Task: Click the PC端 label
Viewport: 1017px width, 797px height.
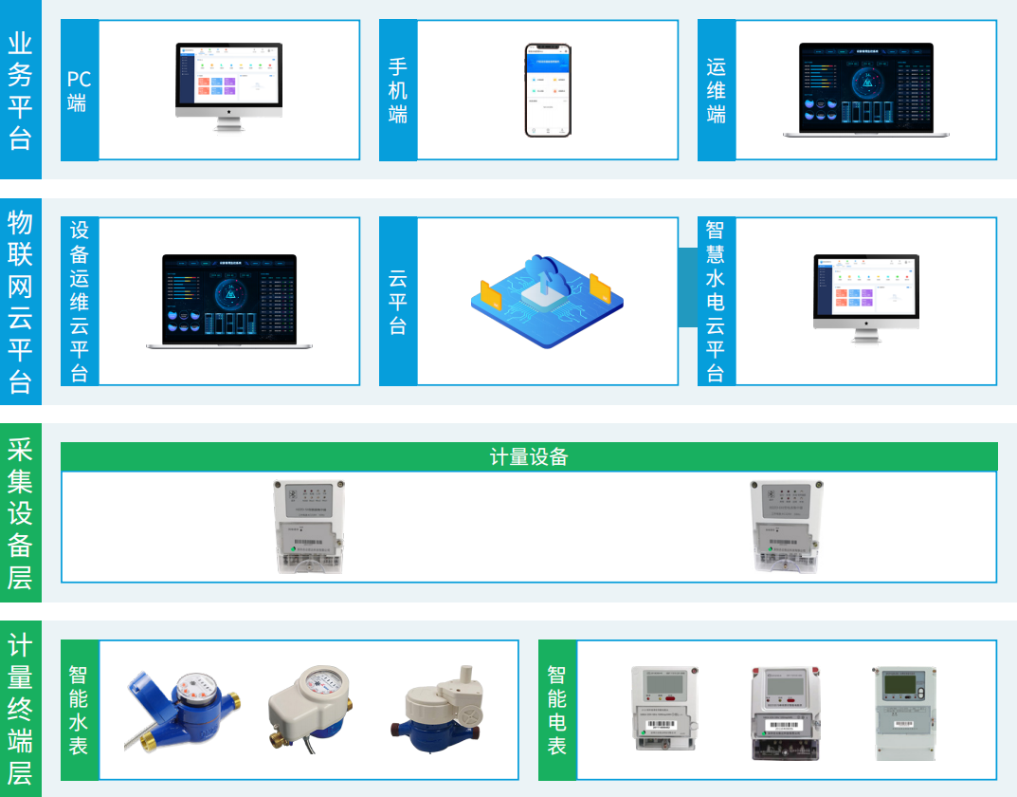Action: (x=79, y=90)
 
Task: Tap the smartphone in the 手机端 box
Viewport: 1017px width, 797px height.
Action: (x=548, y=90)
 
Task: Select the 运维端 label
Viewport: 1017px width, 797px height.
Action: (x=716, y=90)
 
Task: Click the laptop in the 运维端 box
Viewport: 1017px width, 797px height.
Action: (x=865, y=90)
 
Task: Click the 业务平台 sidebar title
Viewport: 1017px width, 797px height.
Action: (x=20, y=90)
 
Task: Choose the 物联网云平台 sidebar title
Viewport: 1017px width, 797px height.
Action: (x=20, y=302)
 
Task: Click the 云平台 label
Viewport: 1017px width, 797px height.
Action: (x=397, y=302)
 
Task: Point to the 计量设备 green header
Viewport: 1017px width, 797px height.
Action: (x=529, y=456)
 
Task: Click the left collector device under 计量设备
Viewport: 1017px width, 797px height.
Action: (x=309, y=527)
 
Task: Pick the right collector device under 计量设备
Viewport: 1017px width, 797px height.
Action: (x=785, y=527)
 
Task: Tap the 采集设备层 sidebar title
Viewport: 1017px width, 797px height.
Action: (x=20, y=512)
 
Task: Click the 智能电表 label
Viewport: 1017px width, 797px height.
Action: (x=556, y=710)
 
